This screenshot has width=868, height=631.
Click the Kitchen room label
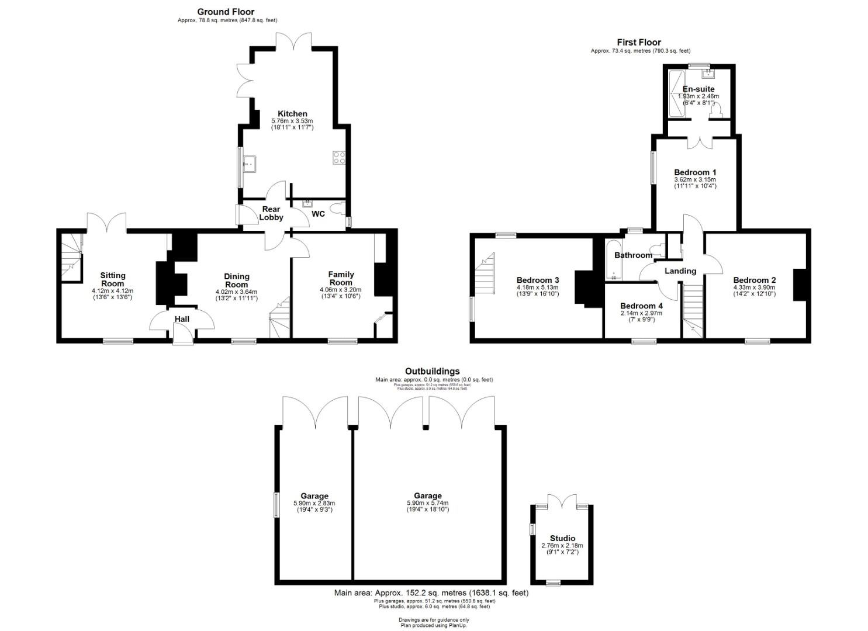[292, 113]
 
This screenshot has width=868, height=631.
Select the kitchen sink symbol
[251, 164]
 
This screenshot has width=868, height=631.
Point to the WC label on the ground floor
[318, 214]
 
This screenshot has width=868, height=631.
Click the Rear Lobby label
[271, 213]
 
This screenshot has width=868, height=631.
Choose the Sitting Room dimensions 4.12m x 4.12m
[112, 291]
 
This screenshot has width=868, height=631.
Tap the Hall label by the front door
[182, 319]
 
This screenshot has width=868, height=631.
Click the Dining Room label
[237, 280]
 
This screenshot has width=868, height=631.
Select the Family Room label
[341, 278]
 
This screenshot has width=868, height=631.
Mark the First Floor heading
[639, 42]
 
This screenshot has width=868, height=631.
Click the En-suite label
[698, 89]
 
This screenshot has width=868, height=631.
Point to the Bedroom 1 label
[695, 172]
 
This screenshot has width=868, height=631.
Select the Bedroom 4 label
[641, 306]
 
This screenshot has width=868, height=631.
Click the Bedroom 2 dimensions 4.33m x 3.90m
[754, 287]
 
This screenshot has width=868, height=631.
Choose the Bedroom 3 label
[537, 280]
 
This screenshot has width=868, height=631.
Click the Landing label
[680, 271]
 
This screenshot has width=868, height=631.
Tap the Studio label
[562, 538]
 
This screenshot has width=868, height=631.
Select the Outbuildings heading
[432, 371]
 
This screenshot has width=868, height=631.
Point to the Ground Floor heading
[226, 12]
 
